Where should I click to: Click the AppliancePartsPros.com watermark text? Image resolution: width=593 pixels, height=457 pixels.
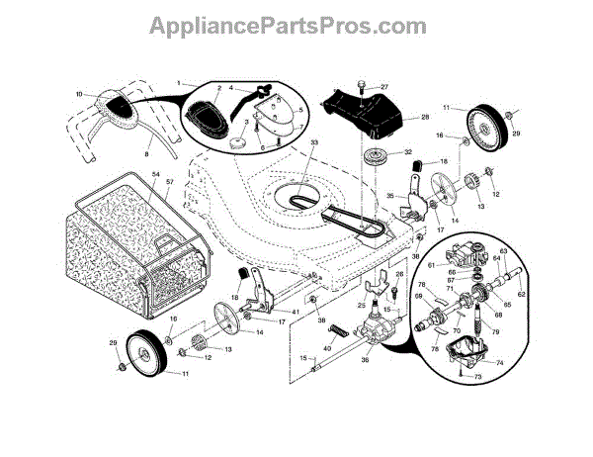(296, 26)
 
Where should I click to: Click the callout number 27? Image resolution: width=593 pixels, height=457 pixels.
(384, 87)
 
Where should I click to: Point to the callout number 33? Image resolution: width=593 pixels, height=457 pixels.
(314, 144)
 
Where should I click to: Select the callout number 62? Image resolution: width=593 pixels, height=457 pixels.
(522, 294)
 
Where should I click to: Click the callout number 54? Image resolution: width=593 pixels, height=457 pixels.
(156, 174)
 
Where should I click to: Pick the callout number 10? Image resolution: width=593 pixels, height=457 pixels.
(79, 95)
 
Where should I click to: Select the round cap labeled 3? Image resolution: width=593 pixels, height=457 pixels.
(238, 141)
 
